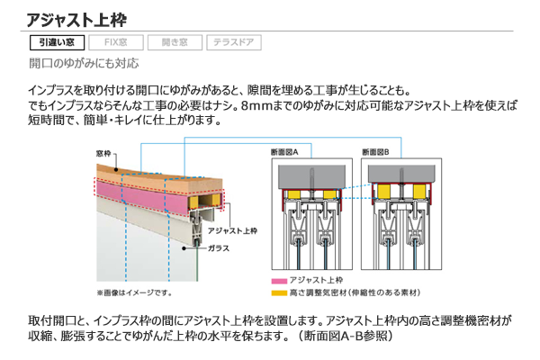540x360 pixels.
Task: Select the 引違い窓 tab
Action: (57, 42)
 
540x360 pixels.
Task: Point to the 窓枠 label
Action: (103, 154)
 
